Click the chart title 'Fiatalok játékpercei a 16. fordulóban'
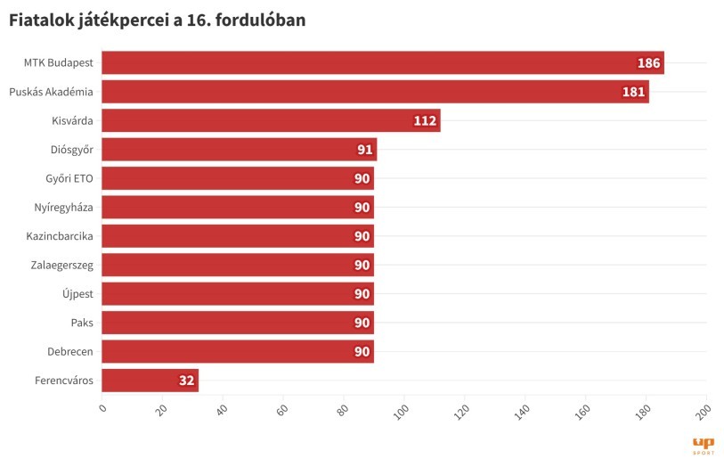pos(158,20)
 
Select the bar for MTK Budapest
pos(383,63)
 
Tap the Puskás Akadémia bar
pos(375,92)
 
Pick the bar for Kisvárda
pos(271,120)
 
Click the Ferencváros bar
pos(150,381)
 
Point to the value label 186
pos(648,63)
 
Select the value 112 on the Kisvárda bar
pos(425,121)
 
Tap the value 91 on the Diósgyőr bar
pos(364,150)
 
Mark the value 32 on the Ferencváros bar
pos(186,381)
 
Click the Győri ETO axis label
pos(69,178)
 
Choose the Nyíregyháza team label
pos(62,208)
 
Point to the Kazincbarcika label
pos(60,236)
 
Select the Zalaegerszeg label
pos(60,265)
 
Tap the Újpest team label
pos(76,294)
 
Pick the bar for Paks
pos(237,323)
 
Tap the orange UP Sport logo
pos(703,445)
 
